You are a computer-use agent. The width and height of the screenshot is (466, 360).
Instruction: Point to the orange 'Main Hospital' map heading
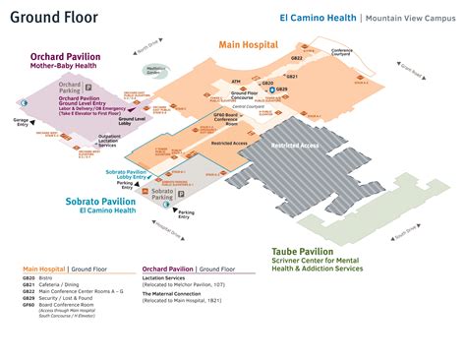[x=248, y=44]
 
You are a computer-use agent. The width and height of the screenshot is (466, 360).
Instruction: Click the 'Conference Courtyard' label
[x=341, y=54]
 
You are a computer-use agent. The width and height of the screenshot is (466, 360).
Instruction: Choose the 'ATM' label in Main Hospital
[x=236, y=81]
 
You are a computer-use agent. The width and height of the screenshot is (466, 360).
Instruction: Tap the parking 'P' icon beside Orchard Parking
[x=88, y=87]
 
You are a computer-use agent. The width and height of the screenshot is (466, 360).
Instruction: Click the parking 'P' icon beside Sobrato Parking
[x=182, y=196]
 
